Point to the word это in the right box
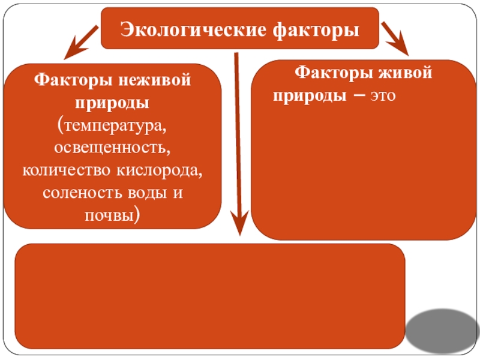[383, 96]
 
